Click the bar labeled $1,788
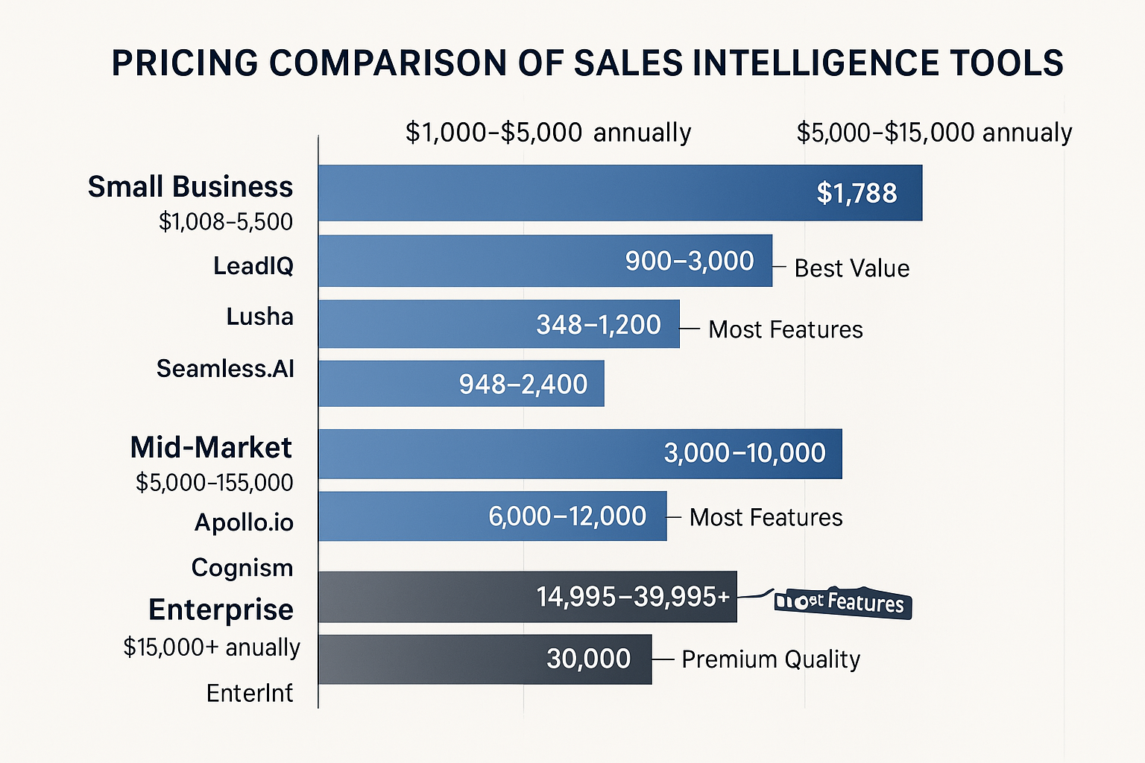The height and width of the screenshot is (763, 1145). click(620, 193)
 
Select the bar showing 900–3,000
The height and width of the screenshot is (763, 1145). click(545, 261)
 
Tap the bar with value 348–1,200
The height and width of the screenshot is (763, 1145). click(499, 324)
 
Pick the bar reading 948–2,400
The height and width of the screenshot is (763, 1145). click(461, 384)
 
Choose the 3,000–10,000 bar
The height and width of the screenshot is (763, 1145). click(580, 453)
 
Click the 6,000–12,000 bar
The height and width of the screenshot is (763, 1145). click(492, 516)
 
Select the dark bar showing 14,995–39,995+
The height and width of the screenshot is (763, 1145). click(527, 597)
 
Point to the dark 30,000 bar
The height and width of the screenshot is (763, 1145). click(485, 659)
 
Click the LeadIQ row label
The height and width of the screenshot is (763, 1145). click(253, 266)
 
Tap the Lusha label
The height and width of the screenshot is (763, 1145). click(260, 317)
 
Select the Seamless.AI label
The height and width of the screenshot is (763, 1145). click(226, 369)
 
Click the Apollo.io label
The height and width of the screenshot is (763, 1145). click(244, 522)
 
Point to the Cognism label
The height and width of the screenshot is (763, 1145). click(242, 568)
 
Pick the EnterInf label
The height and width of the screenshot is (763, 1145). click(250, 694)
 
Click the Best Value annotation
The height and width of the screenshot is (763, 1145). click(852, 268)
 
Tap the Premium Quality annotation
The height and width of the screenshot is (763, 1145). click(771, 659)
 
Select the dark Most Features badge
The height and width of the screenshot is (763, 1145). click(843, 602)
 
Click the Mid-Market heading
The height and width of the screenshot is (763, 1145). click(211, 448)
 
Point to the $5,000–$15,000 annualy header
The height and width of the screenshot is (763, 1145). click(934, 133)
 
